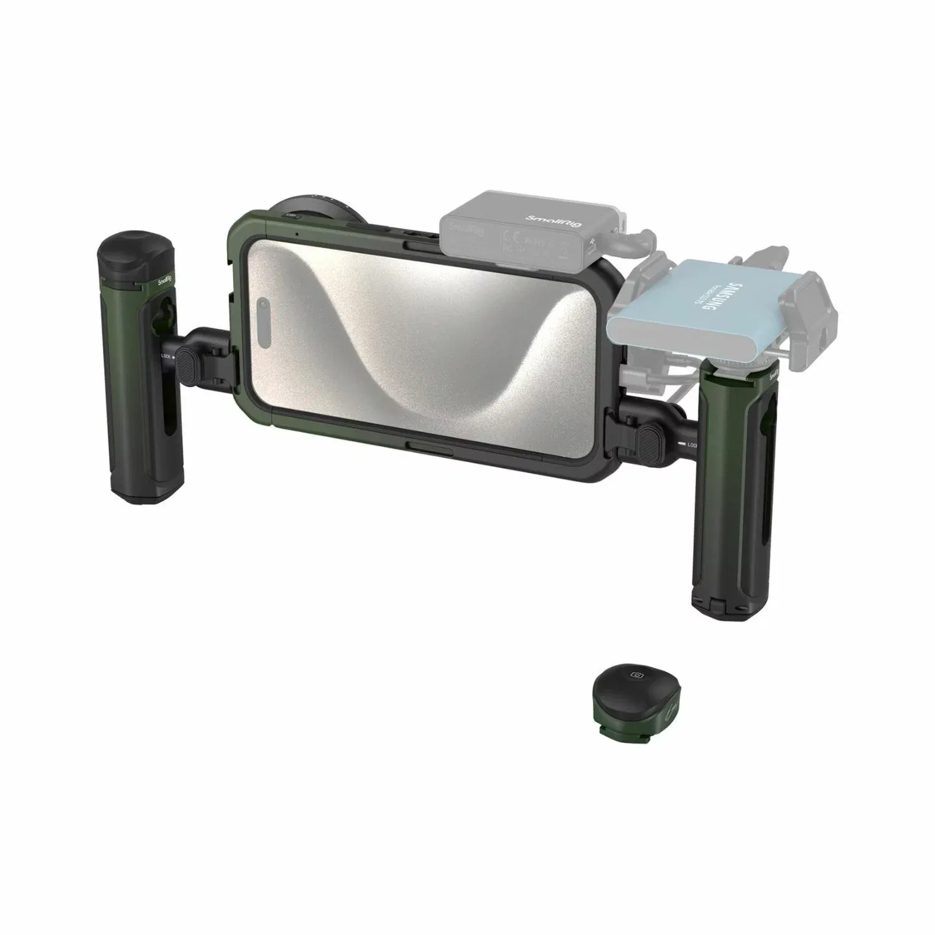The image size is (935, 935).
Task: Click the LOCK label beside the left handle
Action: (x=166, y=357)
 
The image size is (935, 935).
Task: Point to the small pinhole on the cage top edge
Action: (x=297, y=234)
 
